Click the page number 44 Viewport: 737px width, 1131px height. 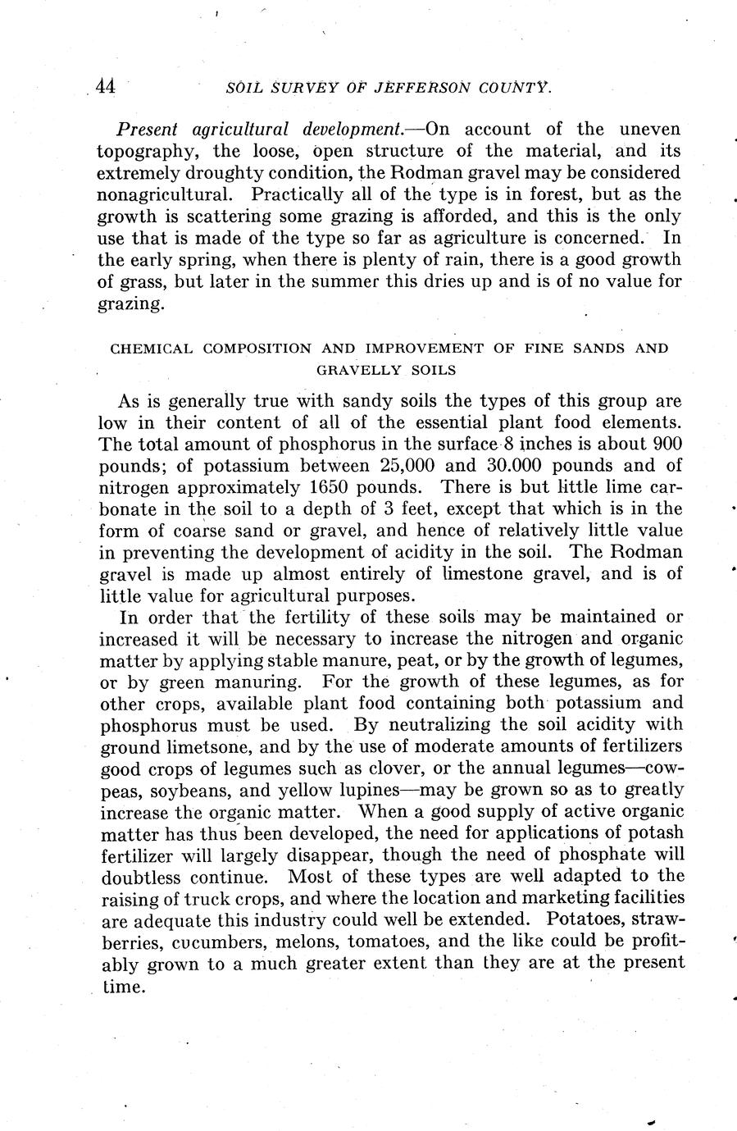(105, 85)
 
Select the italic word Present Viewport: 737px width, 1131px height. (148, 130)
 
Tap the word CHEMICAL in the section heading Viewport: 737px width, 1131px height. (152, 348)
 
